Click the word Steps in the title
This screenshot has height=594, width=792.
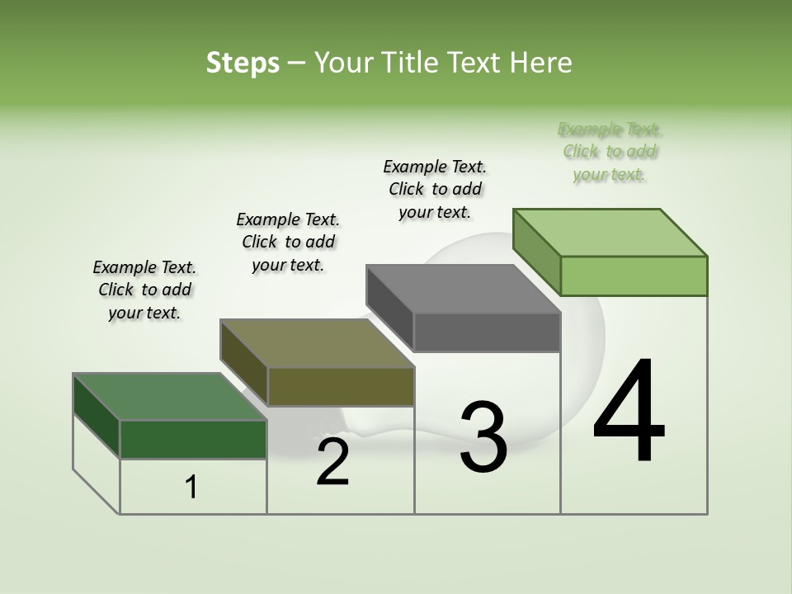pos(243,63)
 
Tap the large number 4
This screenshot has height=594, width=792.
pos(629,412)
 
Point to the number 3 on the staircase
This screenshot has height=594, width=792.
pos(483,437)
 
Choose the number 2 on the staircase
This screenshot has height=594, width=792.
pos(332,462)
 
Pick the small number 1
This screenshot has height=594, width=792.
pos(191,488)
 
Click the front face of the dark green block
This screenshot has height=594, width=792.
pos(193,439)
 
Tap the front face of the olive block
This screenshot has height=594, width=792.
pos(340,386)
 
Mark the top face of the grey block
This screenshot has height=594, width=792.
pos(463,289)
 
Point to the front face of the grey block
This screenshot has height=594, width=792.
pos(487,332)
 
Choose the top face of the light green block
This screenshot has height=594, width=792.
pos(610,232)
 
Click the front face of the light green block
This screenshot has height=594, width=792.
pos(634,276)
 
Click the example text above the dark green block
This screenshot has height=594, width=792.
pos(144,290)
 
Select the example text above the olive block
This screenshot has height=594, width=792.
pos(288,242)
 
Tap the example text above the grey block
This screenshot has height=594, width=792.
pos(435,189)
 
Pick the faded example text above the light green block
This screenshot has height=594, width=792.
pos(610,152)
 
